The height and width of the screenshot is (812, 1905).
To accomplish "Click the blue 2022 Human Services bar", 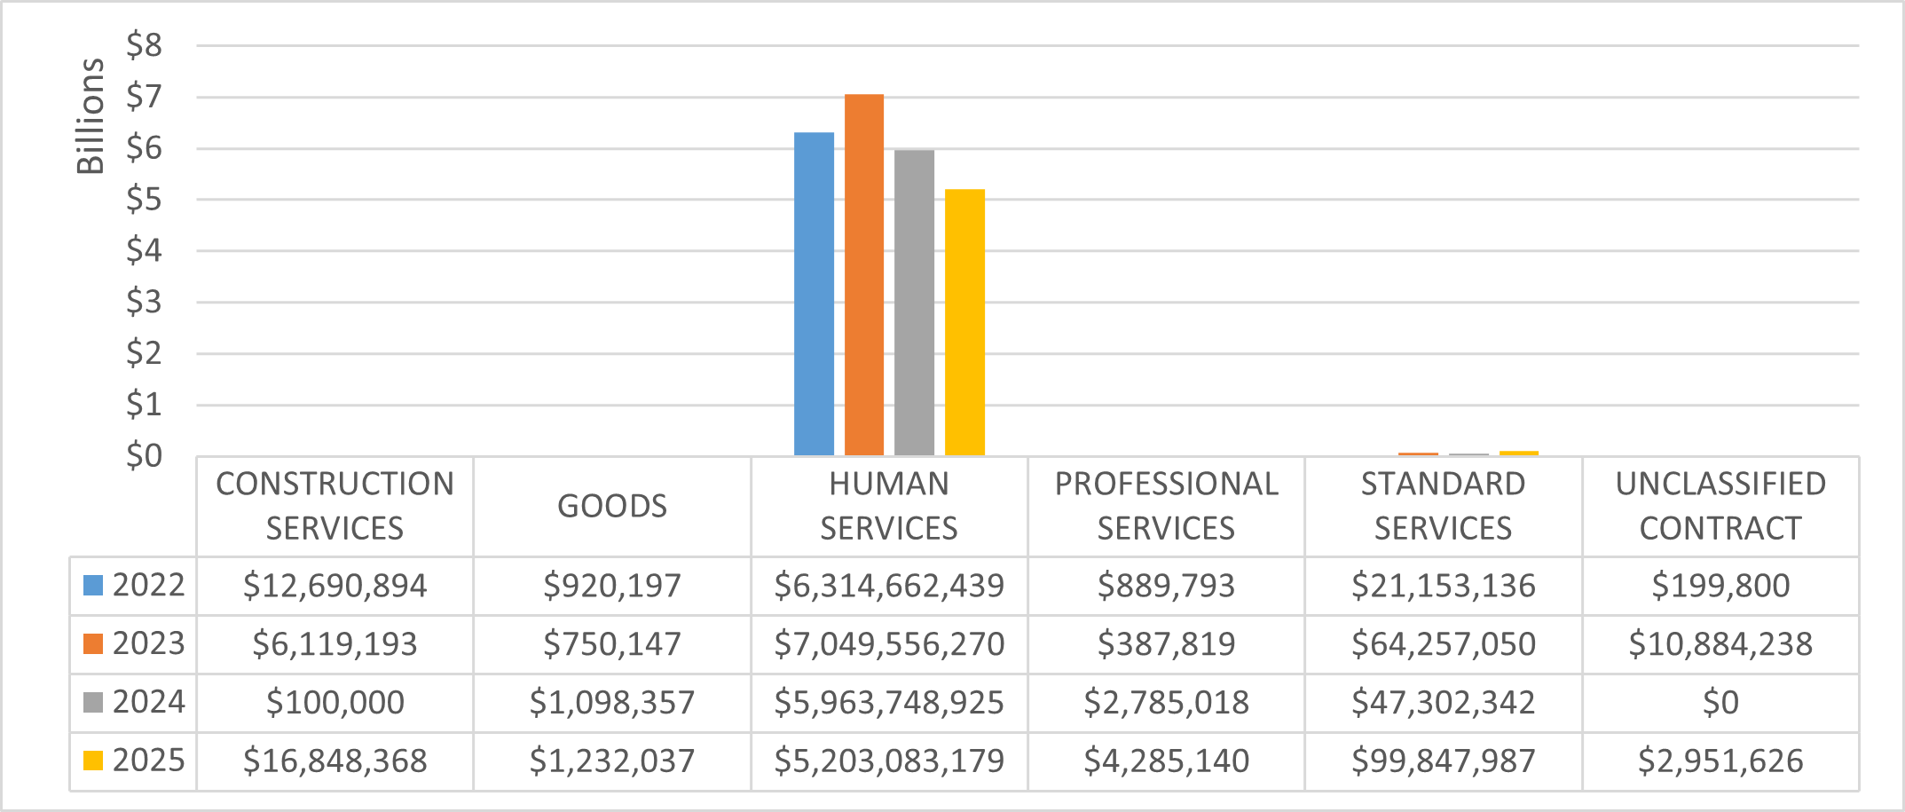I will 814,295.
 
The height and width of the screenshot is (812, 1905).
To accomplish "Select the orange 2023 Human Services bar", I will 864,275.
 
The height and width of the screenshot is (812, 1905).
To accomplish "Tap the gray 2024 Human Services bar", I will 914,304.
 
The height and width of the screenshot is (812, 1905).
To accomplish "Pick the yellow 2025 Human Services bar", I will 964,323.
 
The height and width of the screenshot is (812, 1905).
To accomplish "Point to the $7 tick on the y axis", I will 144,97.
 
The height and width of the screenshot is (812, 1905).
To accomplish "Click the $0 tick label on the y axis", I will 144,456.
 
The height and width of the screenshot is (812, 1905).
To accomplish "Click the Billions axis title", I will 91,116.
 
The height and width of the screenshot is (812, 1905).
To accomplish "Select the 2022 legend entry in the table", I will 134,586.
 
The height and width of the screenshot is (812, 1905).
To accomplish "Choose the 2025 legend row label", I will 134,761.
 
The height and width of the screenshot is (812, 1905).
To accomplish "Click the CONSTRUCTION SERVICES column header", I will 335,506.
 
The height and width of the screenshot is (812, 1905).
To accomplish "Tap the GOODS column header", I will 612,506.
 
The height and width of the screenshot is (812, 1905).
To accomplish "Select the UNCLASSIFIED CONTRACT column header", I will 1720,506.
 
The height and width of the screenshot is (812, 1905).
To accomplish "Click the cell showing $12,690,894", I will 335,586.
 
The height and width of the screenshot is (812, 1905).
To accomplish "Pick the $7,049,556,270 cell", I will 889,644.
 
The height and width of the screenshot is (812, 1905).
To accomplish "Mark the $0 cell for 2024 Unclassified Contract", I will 1720,703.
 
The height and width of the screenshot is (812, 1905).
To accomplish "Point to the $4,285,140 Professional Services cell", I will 1166,761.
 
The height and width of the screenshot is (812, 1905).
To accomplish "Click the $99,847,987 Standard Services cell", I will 1444,761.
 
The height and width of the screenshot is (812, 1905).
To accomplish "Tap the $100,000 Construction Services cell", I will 335,703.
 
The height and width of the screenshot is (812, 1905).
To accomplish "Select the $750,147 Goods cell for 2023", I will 612,644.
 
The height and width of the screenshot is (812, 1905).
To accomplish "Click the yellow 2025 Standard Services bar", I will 1519,453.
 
